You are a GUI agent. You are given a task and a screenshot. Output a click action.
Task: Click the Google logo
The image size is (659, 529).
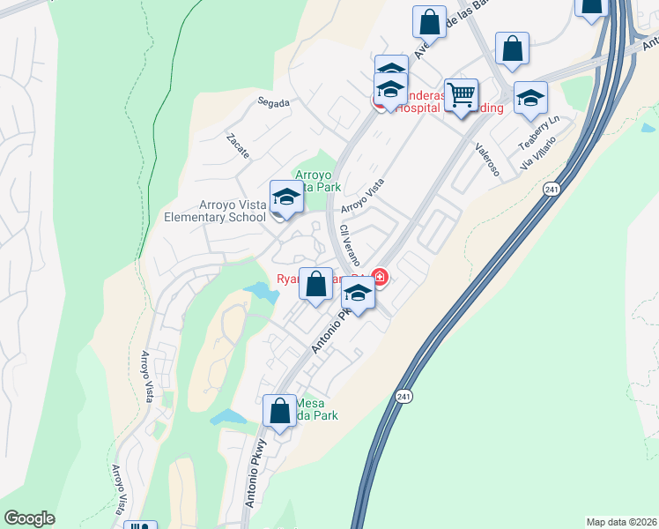30,518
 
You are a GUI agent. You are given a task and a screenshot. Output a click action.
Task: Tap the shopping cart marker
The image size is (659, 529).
461,93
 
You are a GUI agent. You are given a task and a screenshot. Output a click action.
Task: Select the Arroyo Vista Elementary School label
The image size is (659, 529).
215,212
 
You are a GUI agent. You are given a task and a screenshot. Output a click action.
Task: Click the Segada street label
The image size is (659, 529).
273,102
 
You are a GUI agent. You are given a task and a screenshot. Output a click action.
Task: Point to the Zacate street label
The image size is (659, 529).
238,145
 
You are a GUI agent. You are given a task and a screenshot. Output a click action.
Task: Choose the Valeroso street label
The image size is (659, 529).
487,160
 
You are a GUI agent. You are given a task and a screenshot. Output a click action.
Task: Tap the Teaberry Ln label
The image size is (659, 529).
538,133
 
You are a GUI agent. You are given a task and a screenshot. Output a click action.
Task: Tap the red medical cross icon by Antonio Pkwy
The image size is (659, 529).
380,279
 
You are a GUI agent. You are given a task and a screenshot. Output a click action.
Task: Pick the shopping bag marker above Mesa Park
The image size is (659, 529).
280,411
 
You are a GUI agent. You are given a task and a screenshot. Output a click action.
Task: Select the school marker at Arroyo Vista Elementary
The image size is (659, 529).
286,197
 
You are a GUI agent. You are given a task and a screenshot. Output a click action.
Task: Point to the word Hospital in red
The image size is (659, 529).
418,108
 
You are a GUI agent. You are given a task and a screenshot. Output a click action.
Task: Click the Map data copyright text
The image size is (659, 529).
621,521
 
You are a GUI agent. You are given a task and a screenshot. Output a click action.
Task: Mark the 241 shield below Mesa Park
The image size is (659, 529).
403,398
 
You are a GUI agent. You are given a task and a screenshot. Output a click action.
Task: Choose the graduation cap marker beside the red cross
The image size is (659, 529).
358,295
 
